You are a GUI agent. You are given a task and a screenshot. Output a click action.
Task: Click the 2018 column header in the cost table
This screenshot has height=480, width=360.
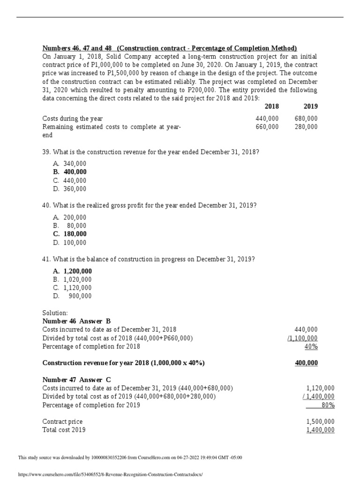[x=271, y=106]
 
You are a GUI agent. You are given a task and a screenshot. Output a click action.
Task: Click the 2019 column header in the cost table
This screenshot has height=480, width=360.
[x=310, y=106]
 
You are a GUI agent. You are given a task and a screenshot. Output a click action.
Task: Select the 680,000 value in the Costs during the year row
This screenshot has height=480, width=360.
[x=306, y=119]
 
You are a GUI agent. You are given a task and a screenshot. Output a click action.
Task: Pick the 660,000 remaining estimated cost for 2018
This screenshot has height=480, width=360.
[x=267, y=127]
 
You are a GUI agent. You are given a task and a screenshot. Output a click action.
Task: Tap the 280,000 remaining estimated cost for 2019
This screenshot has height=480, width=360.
[x=306, y=127]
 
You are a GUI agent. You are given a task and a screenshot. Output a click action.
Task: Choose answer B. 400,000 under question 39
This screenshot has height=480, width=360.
[x=70, y=172]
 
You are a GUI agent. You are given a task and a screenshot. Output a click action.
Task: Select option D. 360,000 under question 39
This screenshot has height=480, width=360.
[x=70, y=188]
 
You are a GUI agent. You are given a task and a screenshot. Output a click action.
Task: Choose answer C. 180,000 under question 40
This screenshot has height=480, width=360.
[x=70, y=234]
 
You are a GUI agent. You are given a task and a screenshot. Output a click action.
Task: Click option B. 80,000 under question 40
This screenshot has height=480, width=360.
[x=70, y=225]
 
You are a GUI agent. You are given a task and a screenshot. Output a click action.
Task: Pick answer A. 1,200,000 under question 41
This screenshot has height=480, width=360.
[x=72, y=271]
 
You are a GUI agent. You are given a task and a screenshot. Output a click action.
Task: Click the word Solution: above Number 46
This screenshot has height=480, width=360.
[x=55, y=312]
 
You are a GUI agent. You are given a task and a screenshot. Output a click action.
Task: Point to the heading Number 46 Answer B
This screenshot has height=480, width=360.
[x=76, y=321]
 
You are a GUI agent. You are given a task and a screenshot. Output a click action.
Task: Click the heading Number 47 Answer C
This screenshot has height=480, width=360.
[x=76, y=380]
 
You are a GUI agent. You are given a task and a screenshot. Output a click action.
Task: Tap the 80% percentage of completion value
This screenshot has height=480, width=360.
[x=328, y=405]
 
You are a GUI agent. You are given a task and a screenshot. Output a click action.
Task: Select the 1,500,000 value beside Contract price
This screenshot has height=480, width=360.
[x=320, y=421]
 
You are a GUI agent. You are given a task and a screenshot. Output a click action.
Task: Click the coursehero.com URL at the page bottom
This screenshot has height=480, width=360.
[x=110, y=474]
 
